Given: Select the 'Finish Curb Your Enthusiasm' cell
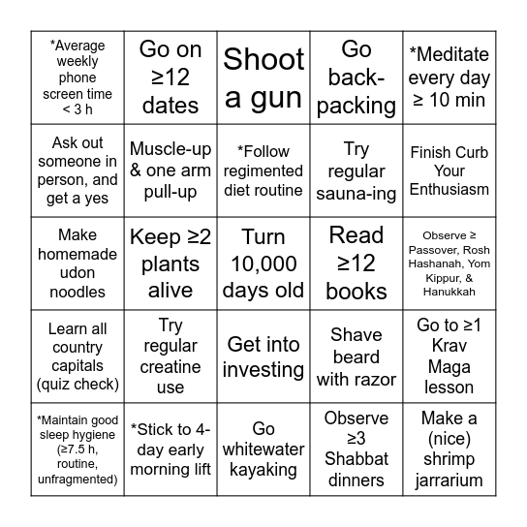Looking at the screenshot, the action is pyautogui.click(x=449, y=170).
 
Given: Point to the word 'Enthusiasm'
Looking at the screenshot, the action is pyautogui.click(x=449, y=189).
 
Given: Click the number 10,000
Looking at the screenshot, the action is pyautogui.click(x=263, y=263).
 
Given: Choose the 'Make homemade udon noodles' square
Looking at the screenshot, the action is pyautogui.click(x=77, y=263).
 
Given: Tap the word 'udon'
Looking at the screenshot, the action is pyautogui.click(x=77, y=272).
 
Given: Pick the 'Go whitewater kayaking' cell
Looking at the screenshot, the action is pyautogui.click(x=263, y=449).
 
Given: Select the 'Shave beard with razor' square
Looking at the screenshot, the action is pyautogui.click(x=356, y=356).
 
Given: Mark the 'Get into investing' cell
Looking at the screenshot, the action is pyautogui.click(x=263, y=356).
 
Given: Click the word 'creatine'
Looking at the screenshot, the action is pyautogui.click(x=170, y=367).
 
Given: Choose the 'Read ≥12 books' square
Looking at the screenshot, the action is pyautogui.click(x=356, y=263).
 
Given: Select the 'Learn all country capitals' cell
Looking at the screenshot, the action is pyautogui.click(x=77, y=356).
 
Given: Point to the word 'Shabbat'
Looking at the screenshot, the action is pyautogui.click(x=356, y=459).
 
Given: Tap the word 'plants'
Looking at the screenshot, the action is pyautogui.click(x=170, y=263).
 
